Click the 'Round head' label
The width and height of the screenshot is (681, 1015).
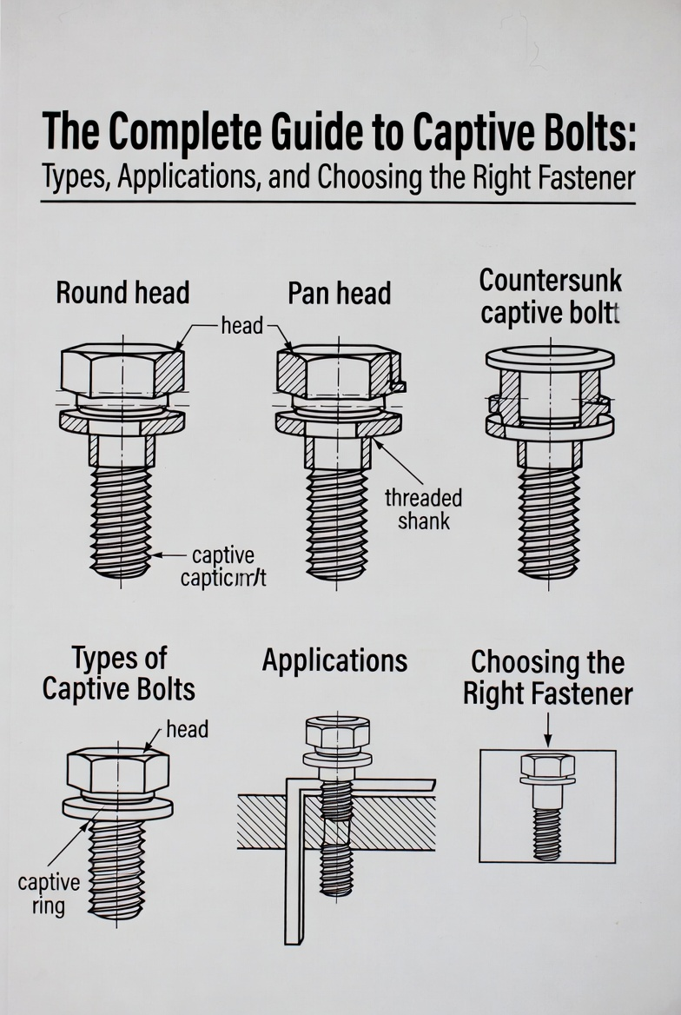122,293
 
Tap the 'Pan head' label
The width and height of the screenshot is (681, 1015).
339,294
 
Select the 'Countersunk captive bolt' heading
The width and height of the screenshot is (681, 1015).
551,296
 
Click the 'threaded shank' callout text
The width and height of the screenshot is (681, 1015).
423,509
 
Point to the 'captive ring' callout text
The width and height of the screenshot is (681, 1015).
49,895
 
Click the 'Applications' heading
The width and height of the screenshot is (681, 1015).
334,661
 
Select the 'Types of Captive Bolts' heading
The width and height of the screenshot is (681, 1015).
119,673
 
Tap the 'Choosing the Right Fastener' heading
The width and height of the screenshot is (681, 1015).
547,678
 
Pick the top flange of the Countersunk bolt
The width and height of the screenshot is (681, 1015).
550,357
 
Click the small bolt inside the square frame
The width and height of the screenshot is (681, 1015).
547,804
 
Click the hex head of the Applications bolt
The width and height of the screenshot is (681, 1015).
337,733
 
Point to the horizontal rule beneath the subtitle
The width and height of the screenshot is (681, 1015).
338,203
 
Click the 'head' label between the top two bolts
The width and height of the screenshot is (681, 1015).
241,326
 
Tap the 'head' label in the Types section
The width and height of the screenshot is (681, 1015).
187,729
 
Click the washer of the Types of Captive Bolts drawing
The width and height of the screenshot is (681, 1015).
117,807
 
